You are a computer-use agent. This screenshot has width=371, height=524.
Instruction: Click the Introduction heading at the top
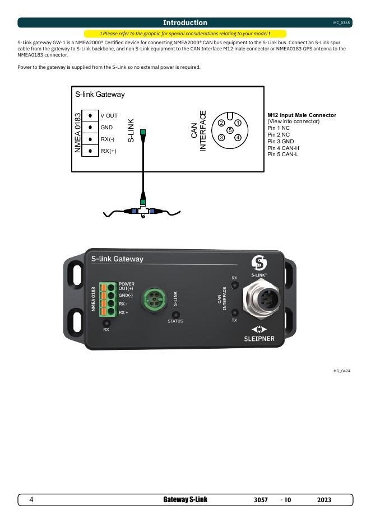(185, 23)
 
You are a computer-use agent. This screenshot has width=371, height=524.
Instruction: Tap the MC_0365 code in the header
(341, 23)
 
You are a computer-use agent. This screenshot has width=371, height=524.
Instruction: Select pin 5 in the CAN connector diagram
(230, 130)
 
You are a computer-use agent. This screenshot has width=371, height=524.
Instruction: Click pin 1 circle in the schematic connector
(238, 123)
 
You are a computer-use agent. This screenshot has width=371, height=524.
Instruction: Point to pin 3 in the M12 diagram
(222, 137)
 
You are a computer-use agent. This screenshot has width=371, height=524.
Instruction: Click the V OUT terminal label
(109, 115)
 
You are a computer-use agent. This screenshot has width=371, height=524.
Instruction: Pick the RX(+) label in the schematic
(109, 151)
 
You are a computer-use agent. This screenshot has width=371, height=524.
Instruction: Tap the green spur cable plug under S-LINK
(143, 133)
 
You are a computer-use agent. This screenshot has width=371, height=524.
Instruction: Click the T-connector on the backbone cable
(143, 210)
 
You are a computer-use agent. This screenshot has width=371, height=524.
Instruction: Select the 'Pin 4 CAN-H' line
(284, 148)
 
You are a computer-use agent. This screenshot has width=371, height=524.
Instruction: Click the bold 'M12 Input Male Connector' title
(302, 115)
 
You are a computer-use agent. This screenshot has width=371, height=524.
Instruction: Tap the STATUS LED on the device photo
(175, 315)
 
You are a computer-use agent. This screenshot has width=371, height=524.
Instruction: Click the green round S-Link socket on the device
(151, 298)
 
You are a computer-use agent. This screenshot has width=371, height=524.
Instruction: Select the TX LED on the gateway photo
(234, 312)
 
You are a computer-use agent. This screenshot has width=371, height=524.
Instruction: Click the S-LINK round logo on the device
(258, 262)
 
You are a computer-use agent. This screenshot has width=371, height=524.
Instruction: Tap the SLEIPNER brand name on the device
(258, 339)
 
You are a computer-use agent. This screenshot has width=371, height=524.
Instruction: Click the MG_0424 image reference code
(342, 371)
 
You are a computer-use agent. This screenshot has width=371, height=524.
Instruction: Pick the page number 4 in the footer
(31, 500)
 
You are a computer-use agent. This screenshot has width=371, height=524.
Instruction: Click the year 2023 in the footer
(324, 500)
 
